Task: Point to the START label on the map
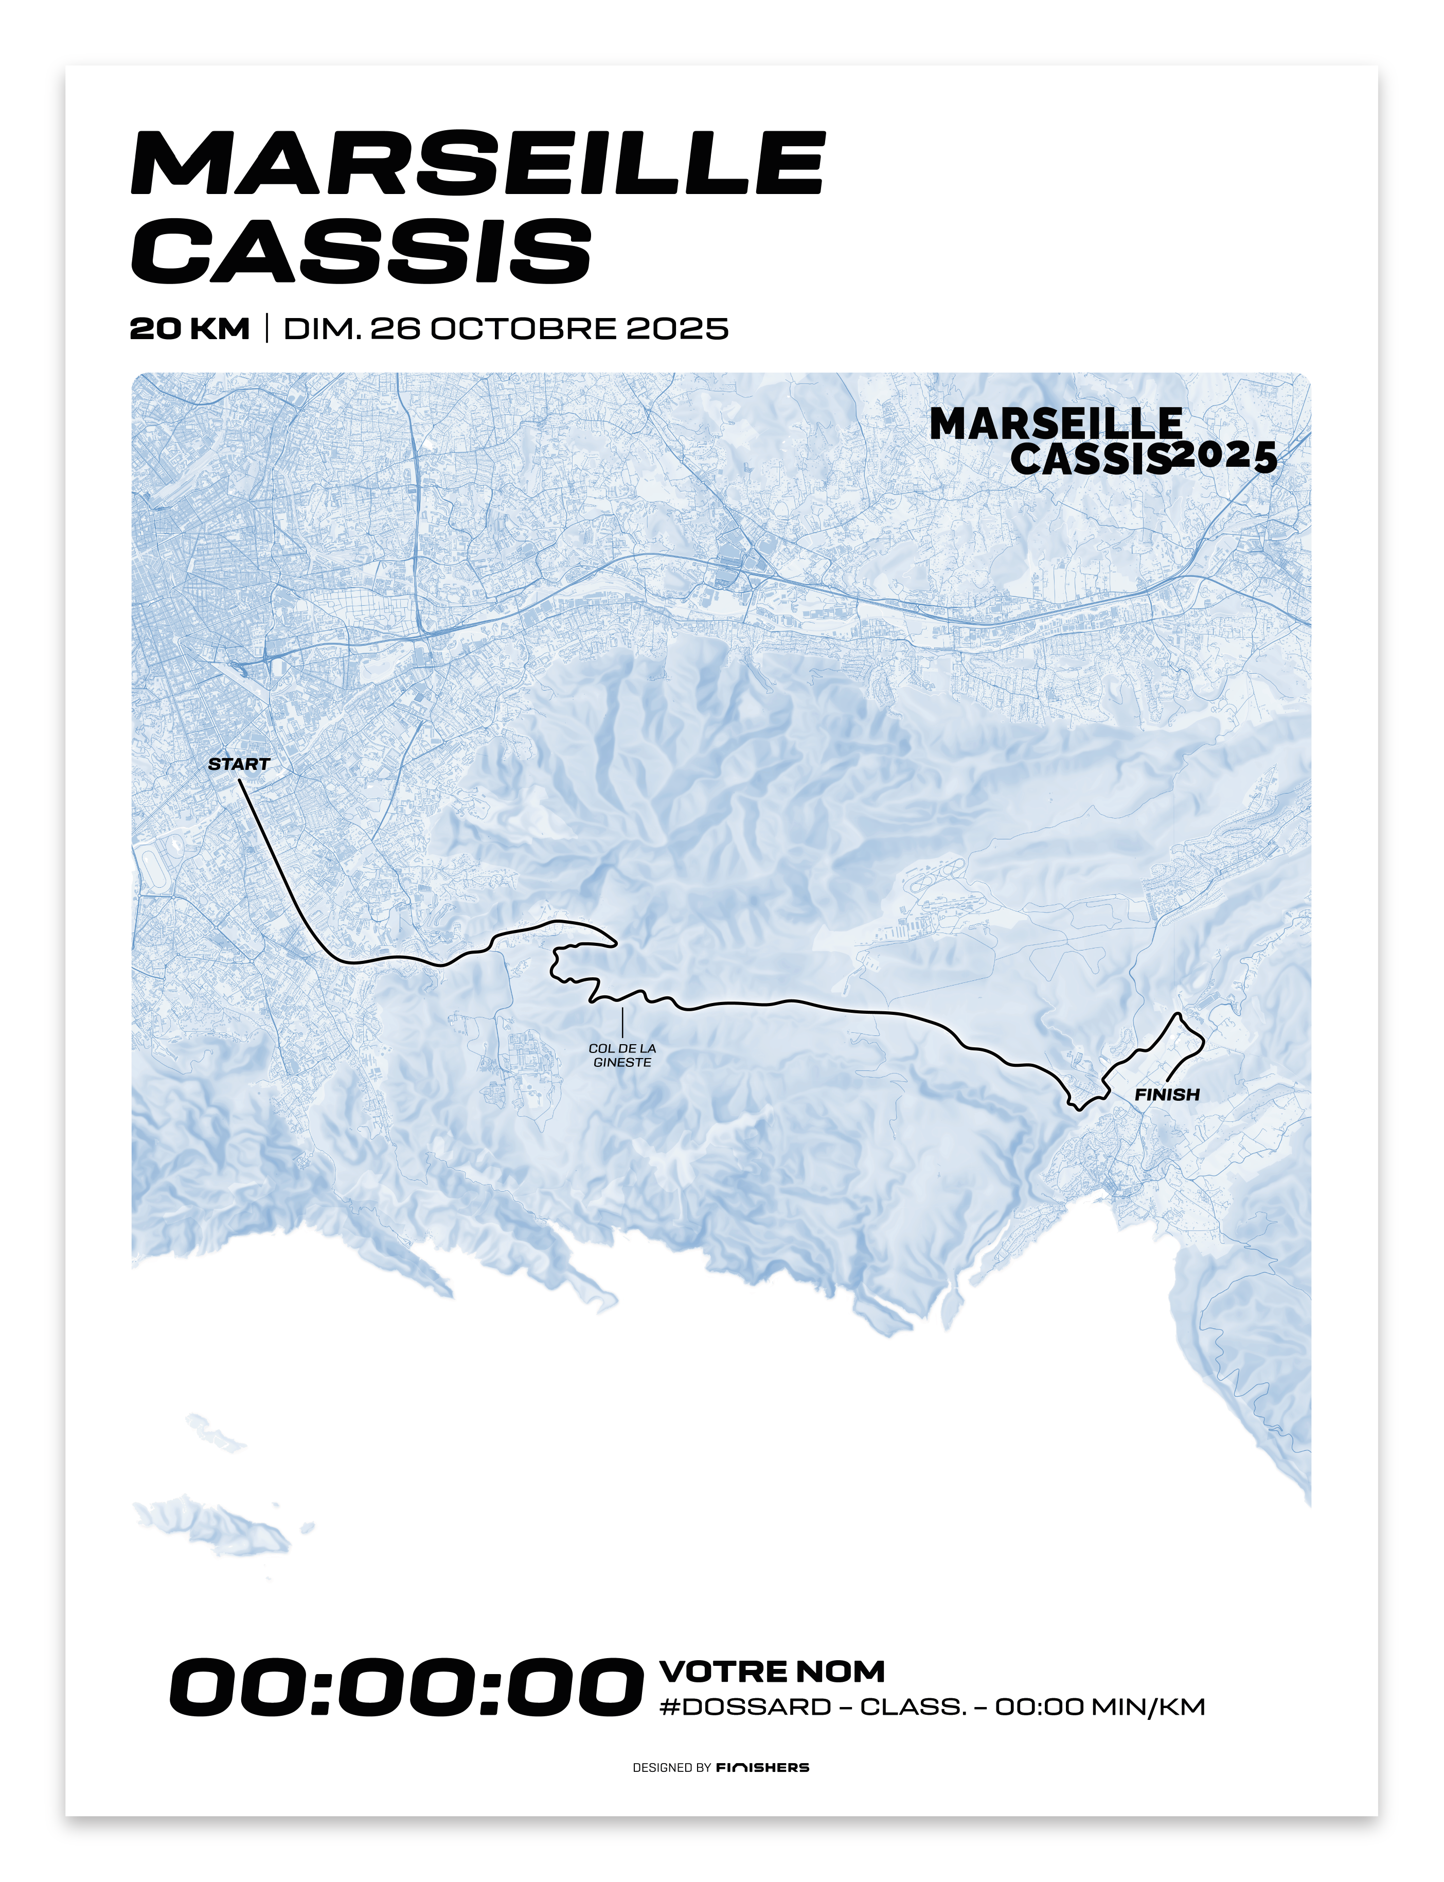pos(239,764)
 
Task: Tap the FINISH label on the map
pos(1166,1095)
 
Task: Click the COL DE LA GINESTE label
pos(622,1055)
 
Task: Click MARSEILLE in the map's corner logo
pos(1056,424)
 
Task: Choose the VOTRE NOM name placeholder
pos(772,1672)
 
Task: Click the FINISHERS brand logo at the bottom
pos(762,1768)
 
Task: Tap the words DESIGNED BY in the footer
pos(671,1768)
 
